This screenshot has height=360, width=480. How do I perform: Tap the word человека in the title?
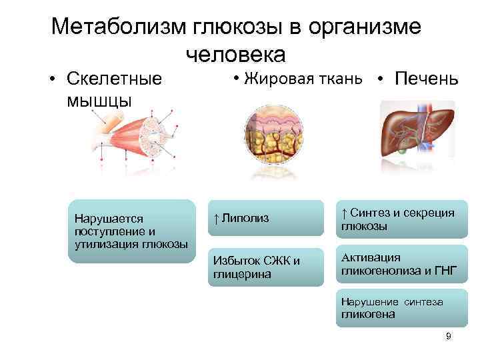tap(236, 54)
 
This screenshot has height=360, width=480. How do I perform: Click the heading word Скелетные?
tap(114, 79)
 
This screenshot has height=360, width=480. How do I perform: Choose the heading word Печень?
tap(427, 79)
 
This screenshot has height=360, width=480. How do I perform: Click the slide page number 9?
tap(448, 337)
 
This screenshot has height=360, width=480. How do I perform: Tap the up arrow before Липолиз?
tap(217, 219)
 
